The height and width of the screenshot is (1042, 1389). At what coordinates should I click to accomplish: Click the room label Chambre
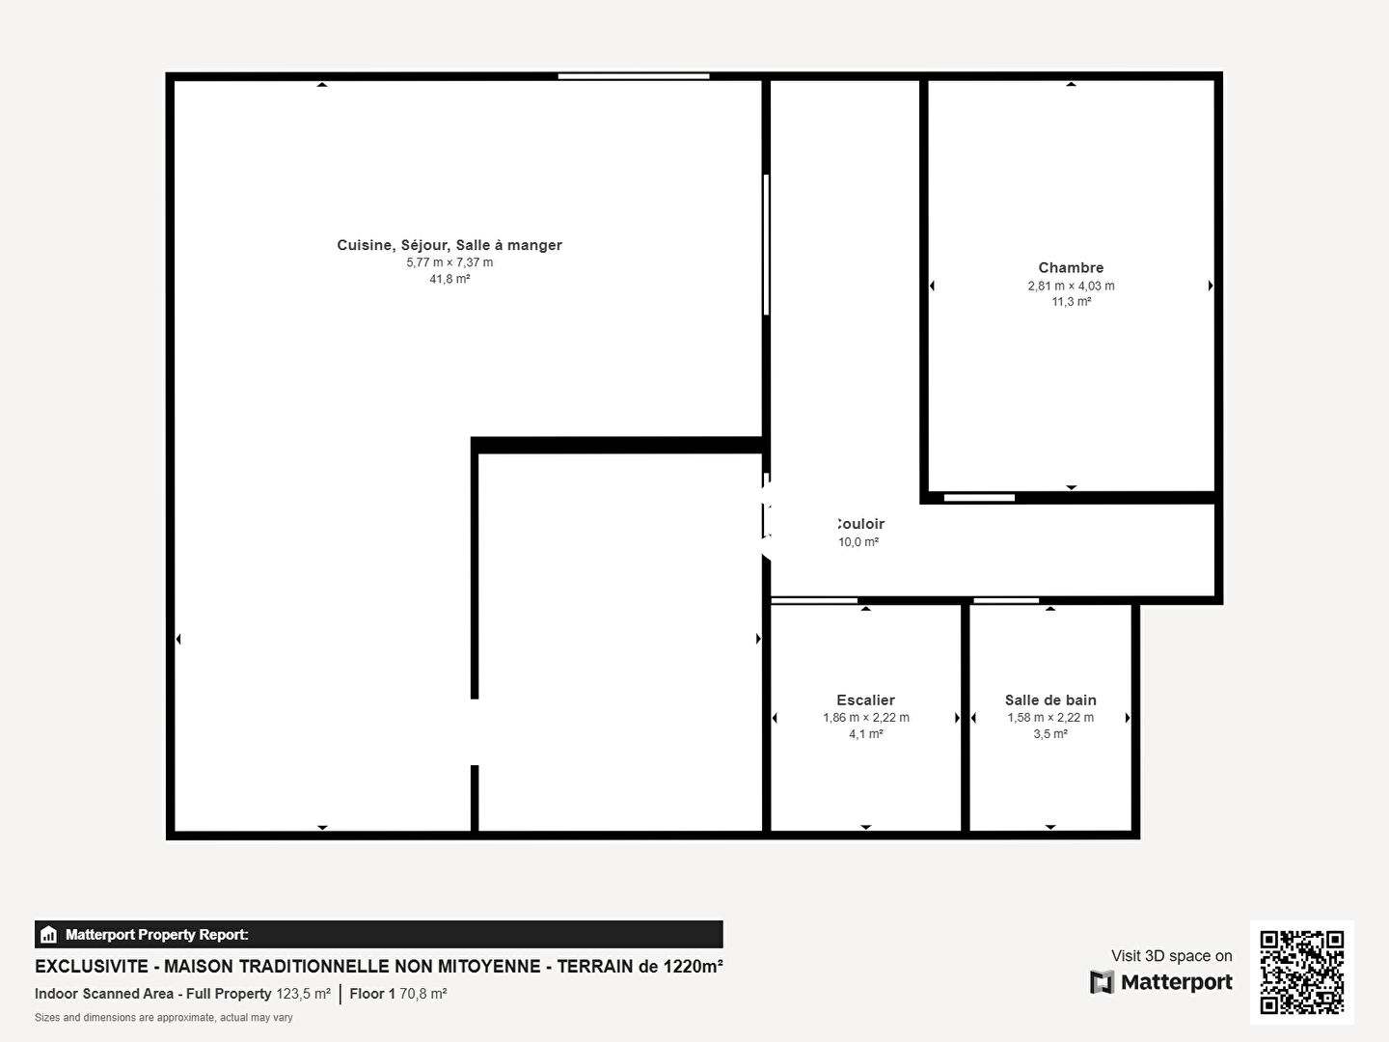1071,267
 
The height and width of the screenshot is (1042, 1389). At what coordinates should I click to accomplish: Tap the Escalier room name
865,699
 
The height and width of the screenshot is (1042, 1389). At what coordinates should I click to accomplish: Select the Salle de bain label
1050,699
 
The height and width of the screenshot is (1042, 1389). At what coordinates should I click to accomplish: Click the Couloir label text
860,523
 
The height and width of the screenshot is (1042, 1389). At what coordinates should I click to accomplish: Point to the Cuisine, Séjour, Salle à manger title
449,245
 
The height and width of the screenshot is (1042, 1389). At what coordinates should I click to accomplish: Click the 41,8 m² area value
449,279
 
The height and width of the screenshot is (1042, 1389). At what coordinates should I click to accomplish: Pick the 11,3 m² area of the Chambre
1072,302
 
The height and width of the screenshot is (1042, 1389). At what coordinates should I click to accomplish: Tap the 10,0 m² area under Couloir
858,541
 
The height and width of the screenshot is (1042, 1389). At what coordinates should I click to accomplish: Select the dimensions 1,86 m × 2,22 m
865,718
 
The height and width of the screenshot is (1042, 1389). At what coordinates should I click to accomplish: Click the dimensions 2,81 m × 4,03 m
1072,286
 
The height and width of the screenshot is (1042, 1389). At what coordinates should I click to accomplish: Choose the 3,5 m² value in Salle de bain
1050,734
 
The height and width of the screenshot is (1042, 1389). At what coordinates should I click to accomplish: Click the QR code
1301,973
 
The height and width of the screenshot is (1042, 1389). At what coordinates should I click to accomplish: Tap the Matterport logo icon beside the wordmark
1102,982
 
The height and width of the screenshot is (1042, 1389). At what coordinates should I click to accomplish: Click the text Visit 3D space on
1171,956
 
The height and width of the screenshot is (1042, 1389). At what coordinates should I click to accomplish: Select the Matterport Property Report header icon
48,935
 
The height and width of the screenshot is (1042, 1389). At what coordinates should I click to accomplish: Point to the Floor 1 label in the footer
372,994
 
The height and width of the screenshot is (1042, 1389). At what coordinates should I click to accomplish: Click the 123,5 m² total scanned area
303,994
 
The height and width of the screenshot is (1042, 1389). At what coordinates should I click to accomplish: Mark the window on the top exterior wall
634,76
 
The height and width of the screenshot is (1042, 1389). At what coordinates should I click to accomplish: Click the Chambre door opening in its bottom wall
980,498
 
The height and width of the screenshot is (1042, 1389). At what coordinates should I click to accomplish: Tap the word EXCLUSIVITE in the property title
91,966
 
